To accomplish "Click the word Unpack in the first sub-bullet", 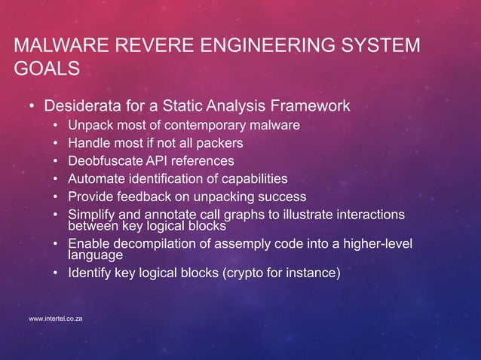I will coord(90,125).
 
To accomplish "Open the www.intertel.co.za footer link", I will coord(55,320).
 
